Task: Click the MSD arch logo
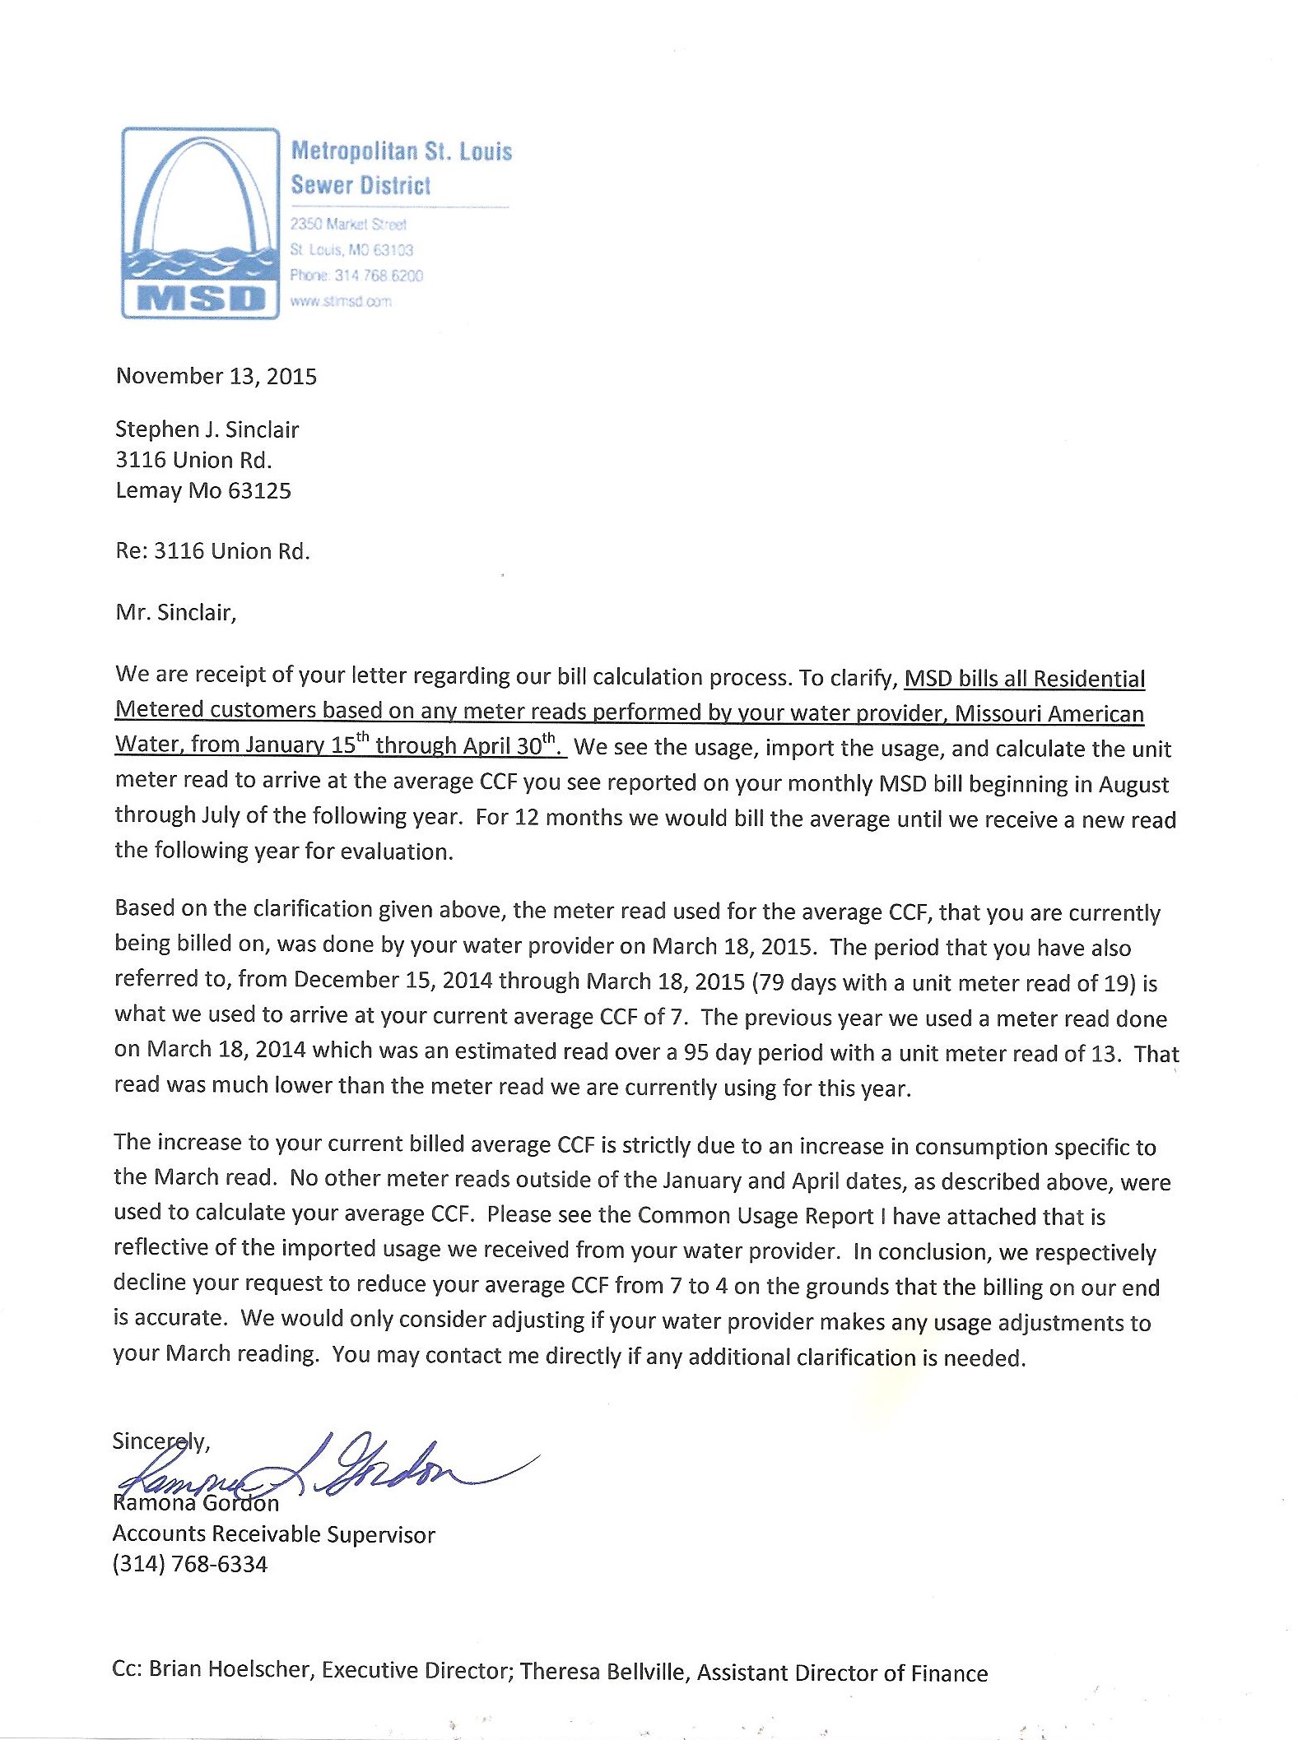200,222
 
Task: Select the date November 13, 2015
216,376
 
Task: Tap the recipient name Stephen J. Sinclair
207,429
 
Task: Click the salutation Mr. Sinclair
175,612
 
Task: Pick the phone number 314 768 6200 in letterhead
379,276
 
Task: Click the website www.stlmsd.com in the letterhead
341,301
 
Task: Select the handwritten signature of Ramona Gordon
329,1470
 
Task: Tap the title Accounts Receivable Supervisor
273,1534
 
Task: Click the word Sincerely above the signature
161,1441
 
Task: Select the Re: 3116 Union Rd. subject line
212,550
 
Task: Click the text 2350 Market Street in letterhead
348,224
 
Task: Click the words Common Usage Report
755,1215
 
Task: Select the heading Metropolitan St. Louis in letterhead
402,151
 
